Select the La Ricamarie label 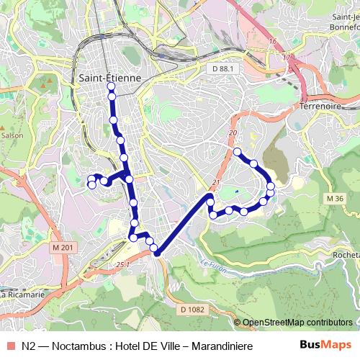pyautogui.click(x=23, y=294)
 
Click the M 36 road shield pyautogui.click(x=334, y=199)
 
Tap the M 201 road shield pyautogui.click(x=63, y=248)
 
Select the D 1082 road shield pyautogui.click(x=192, y=309)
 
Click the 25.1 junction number pyautogui.click(x=122, y=265)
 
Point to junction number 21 pyautogui.click(x=215, y=182)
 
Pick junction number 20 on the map pyautogui.click(x=232, y=133)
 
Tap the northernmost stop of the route pyautogui.click(x=111, y=86)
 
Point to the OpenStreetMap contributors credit pyautogui.click(x=297, y=323)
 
